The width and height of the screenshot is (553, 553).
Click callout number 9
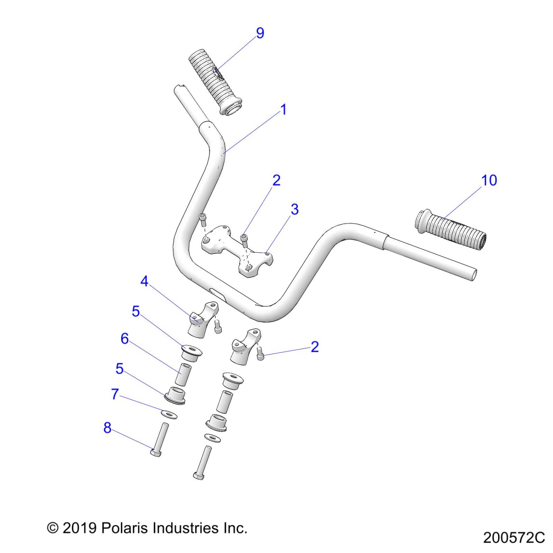260,33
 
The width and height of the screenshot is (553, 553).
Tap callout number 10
489,180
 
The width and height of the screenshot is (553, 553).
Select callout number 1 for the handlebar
283,110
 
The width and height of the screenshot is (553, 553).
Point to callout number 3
294,209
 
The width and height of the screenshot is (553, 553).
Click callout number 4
144,281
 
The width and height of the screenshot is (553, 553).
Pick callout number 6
125,339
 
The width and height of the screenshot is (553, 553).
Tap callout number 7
115,394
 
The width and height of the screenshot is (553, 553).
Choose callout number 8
107,428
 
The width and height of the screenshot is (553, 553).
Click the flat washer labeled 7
169,415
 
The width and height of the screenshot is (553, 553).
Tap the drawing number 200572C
514,538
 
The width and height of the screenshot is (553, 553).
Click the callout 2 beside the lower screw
315,347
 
